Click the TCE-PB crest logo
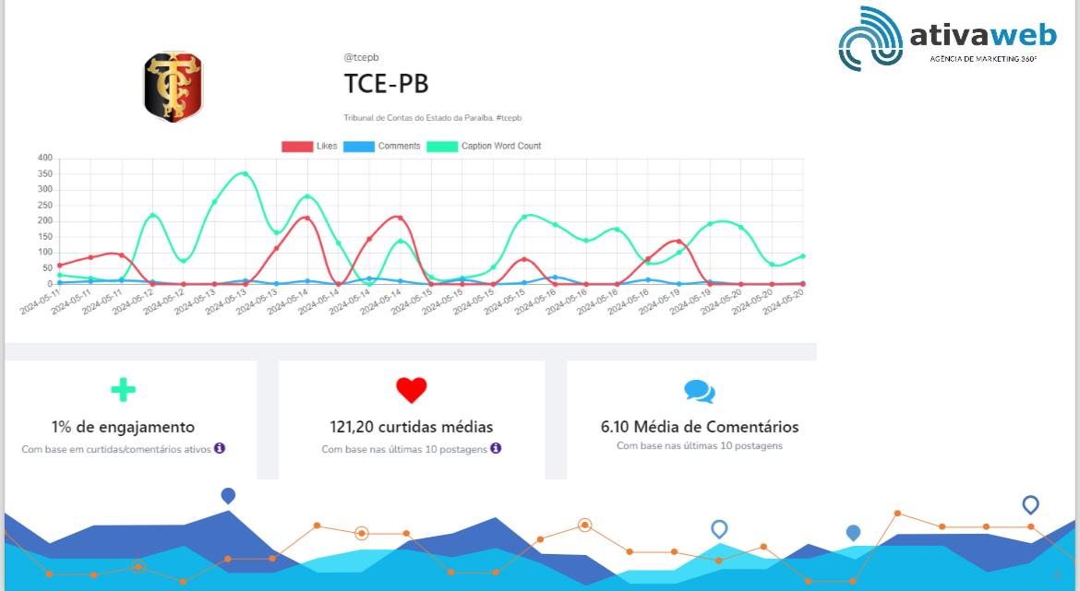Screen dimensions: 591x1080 [x=173, y=88]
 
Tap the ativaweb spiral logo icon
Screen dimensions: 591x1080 [x=870, y=39]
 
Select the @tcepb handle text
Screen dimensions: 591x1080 [x=361, y=57]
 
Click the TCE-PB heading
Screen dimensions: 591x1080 [x=386, y=84]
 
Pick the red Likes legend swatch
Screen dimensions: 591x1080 [x=296, y=147]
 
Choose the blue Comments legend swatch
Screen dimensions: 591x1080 [x=358, y=147]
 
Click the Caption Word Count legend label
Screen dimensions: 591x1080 [x=500, y=147]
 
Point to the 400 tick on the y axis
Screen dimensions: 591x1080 [x=45, y=159]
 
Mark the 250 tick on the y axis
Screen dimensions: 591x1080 [x=45, y=206]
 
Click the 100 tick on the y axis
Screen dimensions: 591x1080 [x=45, y=253]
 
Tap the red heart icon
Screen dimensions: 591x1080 [x=412, y=390]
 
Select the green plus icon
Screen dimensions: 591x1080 [x=123, y=389]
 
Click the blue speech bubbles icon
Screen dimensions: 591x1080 [x=700, y=392]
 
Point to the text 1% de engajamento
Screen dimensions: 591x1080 [x=123, y=427]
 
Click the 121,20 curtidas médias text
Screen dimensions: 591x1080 [x=411, y=427]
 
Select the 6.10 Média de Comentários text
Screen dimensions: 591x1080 [x=700, y=427]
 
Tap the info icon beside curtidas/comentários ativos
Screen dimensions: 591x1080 [x=220, y=448]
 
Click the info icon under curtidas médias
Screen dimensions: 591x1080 [x=496, y=448]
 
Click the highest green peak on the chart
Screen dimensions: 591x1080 [x=244, y=173]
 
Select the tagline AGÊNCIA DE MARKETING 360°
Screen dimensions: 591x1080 [x=982, y=59]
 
